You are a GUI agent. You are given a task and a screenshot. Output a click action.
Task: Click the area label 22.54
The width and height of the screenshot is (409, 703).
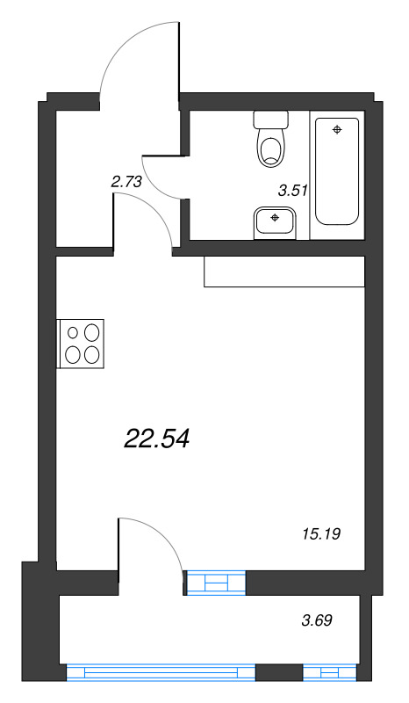(158, 437)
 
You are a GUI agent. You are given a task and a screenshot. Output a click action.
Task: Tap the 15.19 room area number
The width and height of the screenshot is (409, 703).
(320, 533)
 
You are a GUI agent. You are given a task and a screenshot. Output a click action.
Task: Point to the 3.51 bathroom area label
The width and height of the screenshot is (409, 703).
(291, 190)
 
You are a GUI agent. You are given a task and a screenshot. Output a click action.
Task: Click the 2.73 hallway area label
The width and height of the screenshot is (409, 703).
(126, 182)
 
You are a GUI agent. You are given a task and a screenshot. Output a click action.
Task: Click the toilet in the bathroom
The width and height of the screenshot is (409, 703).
(270, 145)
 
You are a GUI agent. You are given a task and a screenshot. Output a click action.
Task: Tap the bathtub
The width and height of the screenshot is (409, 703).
(337, 171)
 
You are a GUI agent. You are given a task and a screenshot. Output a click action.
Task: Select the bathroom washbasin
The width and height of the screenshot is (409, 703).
(276, 221)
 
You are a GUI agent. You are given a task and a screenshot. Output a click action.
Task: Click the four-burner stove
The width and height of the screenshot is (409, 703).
(82, 343)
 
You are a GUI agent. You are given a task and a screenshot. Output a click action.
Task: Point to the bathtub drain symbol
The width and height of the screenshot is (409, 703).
(337, 130)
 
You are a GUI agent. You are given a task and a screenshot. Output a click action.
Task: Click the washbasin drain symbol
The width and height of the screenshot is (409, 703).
(276, 216)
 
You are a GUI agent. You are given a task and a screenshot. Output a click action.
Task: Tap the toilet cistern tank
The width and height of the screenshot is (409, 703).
(270, 120)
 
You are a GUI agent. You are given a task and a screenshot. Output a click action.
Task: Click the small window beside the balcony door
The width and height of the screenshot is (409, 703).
(216, 582)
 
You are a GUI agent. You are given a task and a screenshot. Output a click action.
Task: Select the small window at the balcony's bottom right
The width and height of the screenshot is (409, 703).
(331, 674)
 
